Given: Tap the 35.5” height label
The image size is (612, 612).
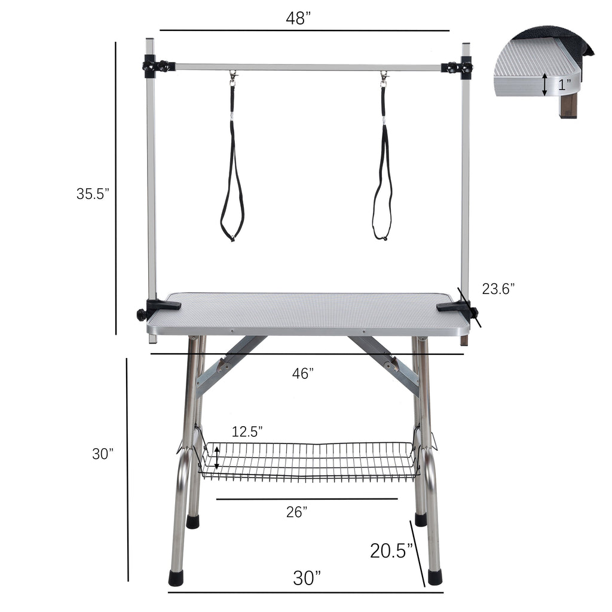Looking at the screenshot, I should [x=93, y=194].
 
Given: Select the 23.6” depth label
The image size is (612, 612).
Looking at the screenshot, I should [x=498, y=289].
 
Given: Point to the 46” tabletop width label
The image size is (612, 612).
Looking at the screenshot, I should [x=303, y=374].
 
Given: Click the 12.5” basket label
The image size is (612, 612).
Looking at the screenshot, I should [x=247, y=432].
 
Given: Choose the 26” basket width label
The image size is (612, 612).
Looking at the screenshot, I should [x=297, y=512].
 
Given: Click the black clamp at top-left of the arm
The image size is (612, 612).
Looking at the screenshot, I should [x=157, y=65].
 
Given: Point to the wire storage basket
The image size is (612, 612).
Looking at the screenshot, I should [x=307, y=461].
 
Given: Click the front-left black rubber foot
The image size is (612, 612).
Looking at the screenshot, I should [x=177, y=577].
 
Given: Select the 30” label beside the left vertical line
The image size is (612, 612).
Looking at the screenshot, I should [x=103, y=454].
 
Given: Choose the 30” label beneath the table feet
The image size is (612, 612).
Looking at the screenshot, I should [x=307, y=578].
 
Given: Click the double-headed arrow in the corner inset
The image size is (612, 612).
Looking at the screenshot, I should [x=544, y=84].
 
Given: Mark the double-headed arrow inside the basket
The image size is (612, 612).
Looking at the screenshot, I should [x=216, y=459].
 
